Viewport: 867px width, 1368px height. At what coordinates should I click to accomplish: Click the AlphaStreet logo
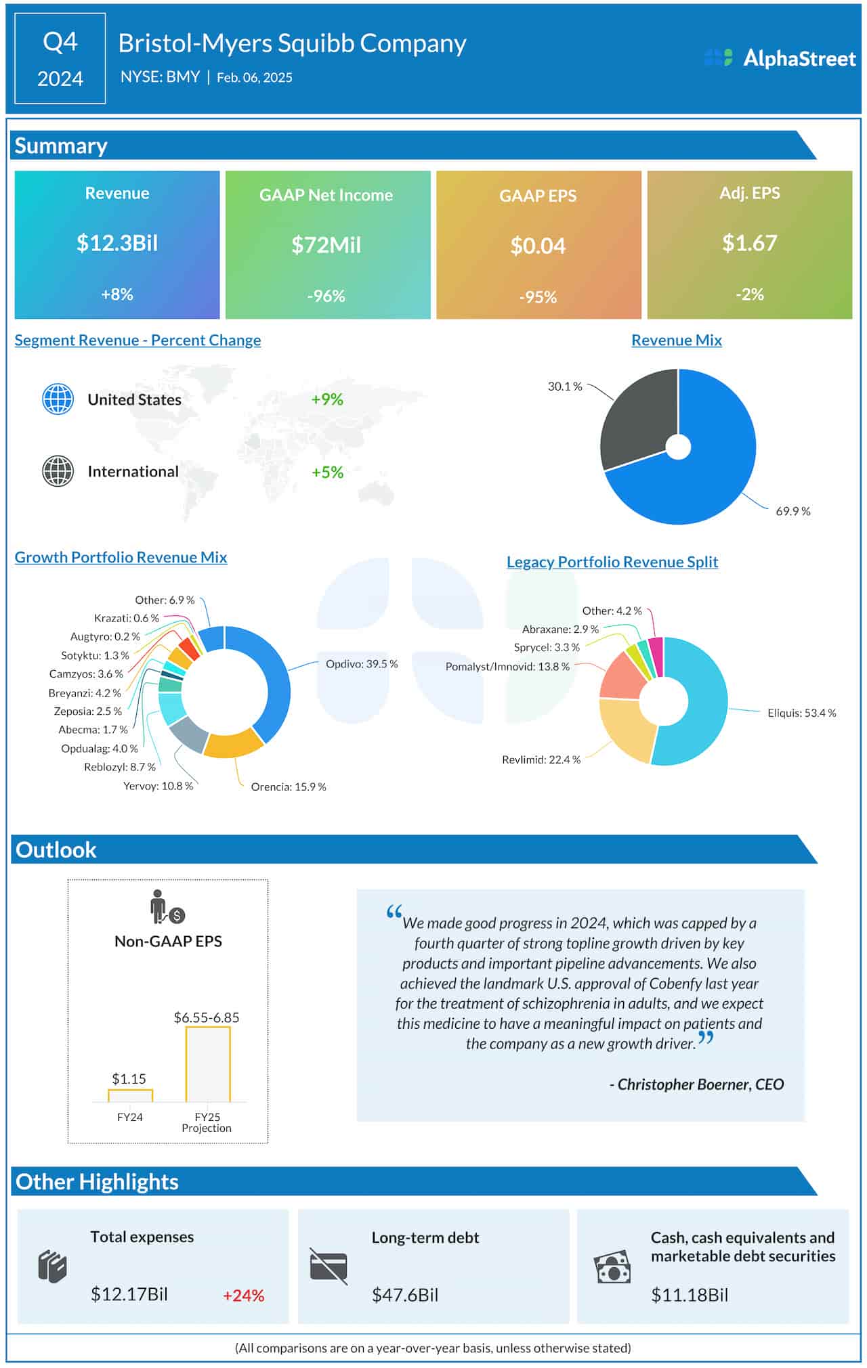(x=780, y=58)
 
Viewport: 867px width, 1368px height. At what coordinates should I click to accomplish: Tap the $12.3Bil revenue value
(x=117, y=243)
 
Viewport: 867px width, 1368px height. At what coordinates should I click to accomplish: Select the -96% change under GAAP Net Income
(x=326, y=296)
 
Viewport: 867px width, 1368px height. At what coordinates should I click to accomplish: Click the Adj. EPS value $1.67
(x=749, y=243)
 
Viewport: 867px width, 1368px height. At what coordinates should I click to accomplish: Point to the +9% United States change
(x=327, y=399)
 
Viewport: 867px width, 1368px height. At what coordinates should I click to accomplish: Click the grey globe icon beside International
(x=58, y=471)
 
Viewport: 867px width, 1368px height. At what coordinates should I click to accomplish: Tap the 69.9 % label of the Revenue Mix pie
(x=792, y=512)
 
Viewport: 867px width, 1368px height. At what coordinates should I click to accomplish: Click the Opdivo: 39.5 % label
(x=362, y=664)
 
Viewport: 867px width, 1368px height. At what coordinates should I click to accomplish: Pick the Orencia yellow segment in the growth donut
(x=232, y=745)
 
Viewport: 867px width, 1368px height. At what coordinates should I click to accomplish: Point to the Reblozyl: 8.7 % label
(x=119, y=767)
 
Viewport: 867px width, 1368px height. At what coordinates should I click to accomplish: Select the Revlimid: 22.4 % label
(x=541, y=759)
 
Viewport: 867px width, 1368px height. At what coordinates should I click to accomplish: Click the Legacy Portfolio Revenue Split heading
(x=612, y=562)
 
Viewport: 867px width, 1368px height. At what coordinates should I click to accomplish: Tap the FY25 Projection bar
(x=208, y=1064)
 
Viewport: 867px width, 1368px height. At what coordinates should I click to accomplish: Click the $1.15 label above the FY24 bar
(x=129, y=1079)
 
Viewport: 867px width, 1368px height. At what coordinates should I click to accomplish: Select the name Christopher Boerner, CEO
(x=698, y=1084)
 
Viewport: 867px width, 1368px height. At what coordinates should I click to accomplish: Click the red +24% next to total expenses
(x=243, y=1296)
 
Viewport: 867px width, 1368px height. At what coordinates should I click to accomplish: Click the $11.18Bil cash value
(x=689, y=1296)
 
